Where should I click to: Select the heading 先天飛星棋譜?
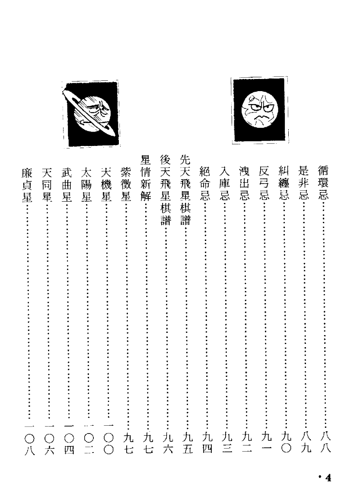pos(186,189)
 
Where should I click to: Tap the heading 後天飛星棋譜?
pos(166,189)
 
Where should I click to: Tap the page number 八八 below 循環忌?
pos(325,443)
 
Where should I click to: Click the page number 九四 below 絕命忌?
pos(207,443)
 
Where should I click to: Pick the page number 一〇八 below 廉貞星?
pos(29,438)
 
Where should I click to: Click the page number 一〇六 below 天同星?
pos(49,438)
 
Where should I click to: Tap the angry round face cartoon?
pos(259,110)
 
